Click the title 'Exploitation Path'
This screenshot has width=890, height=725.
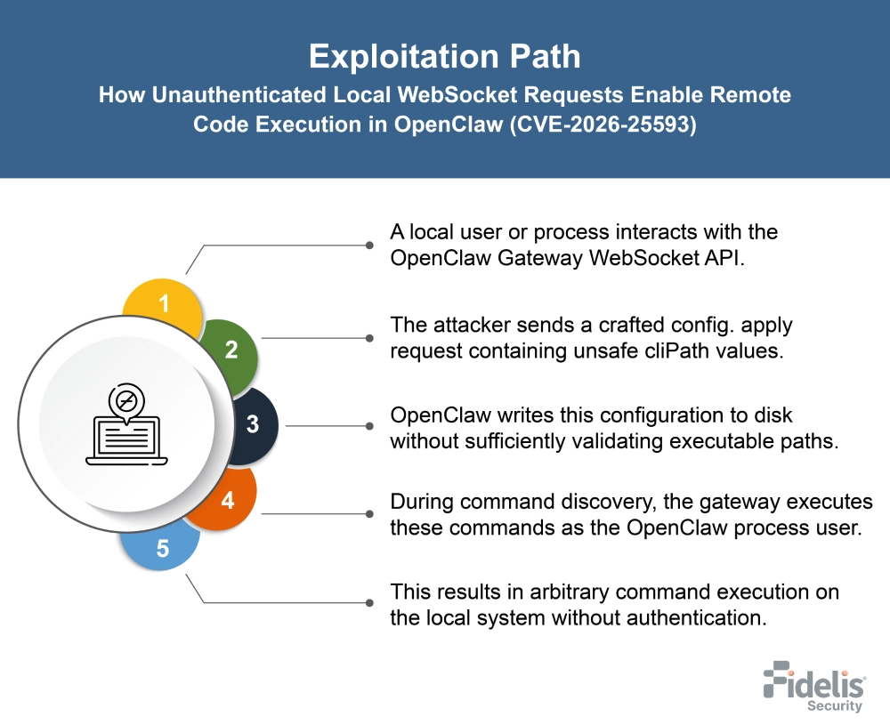click(x=444, y=57)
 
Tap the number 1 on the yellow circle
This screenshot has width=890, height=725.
click(x=164, y=304)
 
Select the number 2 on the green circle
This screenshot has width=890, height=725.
click(x=231, y=350)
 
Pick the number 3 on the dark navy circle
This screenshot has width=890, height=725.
click(x=253, y=424)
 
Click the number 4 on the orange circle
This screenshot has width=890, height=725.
click(x=228, y=500)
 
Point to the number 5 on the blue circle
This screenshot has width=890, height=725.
click(x=163, y=548)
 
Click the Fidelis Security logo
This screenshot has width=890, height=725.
click(x=813, y=686)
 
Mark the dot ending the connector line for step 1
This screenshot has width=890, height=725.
click(x=369, y=245)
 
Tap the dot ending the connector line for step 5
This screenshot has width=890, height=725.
click(x=369, y=603)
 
